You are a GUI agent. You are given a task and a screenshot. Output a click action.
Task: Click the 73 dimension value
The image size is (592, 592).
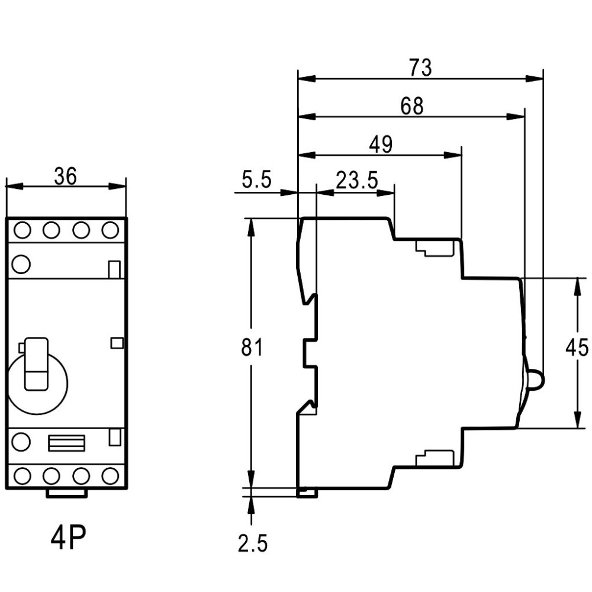420,68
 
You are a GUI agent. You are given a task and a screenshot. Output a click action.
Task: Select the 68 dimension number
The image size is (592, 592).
412,106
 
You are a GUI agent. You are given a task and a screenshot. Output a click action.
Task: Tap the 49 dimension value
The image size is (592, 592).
381,144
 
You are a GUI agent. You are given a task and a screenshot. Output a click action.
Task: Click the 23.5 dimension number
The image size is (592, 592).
357,180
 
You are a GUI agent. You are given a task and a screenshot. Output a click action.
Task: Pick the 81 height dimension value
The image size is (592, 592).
252,347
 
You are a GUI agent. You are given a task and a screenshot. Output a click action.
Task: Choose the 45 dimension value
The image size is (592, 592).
577,347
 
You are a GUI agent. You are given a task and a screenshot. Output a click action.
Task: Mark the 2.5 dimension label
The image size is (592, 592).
253,543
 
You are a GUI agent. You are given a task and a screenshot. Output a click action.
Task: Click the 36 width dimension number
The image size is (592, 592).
65,176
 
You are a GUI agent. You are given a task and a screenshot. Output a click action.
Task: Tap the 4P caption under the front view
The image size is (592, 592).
68,538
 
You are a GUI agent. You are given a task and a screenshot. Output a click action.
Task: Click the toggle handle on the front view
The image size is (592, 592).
36,364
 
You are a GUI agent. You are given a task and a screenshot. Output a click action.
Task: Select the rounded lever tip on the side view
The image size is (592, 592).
535,379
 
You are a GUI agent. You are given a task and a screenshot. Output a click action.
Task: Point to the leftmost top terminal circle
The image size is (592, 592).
22,230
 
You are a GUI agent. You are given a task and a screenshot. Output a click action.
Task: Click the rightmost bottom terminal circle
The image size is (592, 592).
110,476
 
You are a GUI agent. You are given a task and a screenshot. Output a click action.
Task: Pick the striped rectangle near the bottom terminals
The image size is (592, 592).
66,443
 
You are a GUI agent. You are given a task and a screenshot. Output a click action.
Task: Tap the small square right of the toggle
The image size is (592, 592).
117,343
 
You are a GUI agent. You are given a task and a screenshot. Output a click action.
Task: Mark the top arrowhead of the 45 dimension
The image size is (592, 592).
577,287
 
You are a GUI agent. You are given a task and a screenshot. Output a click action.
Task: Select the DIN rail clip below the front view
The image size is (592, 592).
66,493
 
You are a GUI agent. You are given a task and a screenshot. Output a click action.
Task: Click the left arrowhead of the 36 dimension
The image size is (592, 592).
15,186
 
